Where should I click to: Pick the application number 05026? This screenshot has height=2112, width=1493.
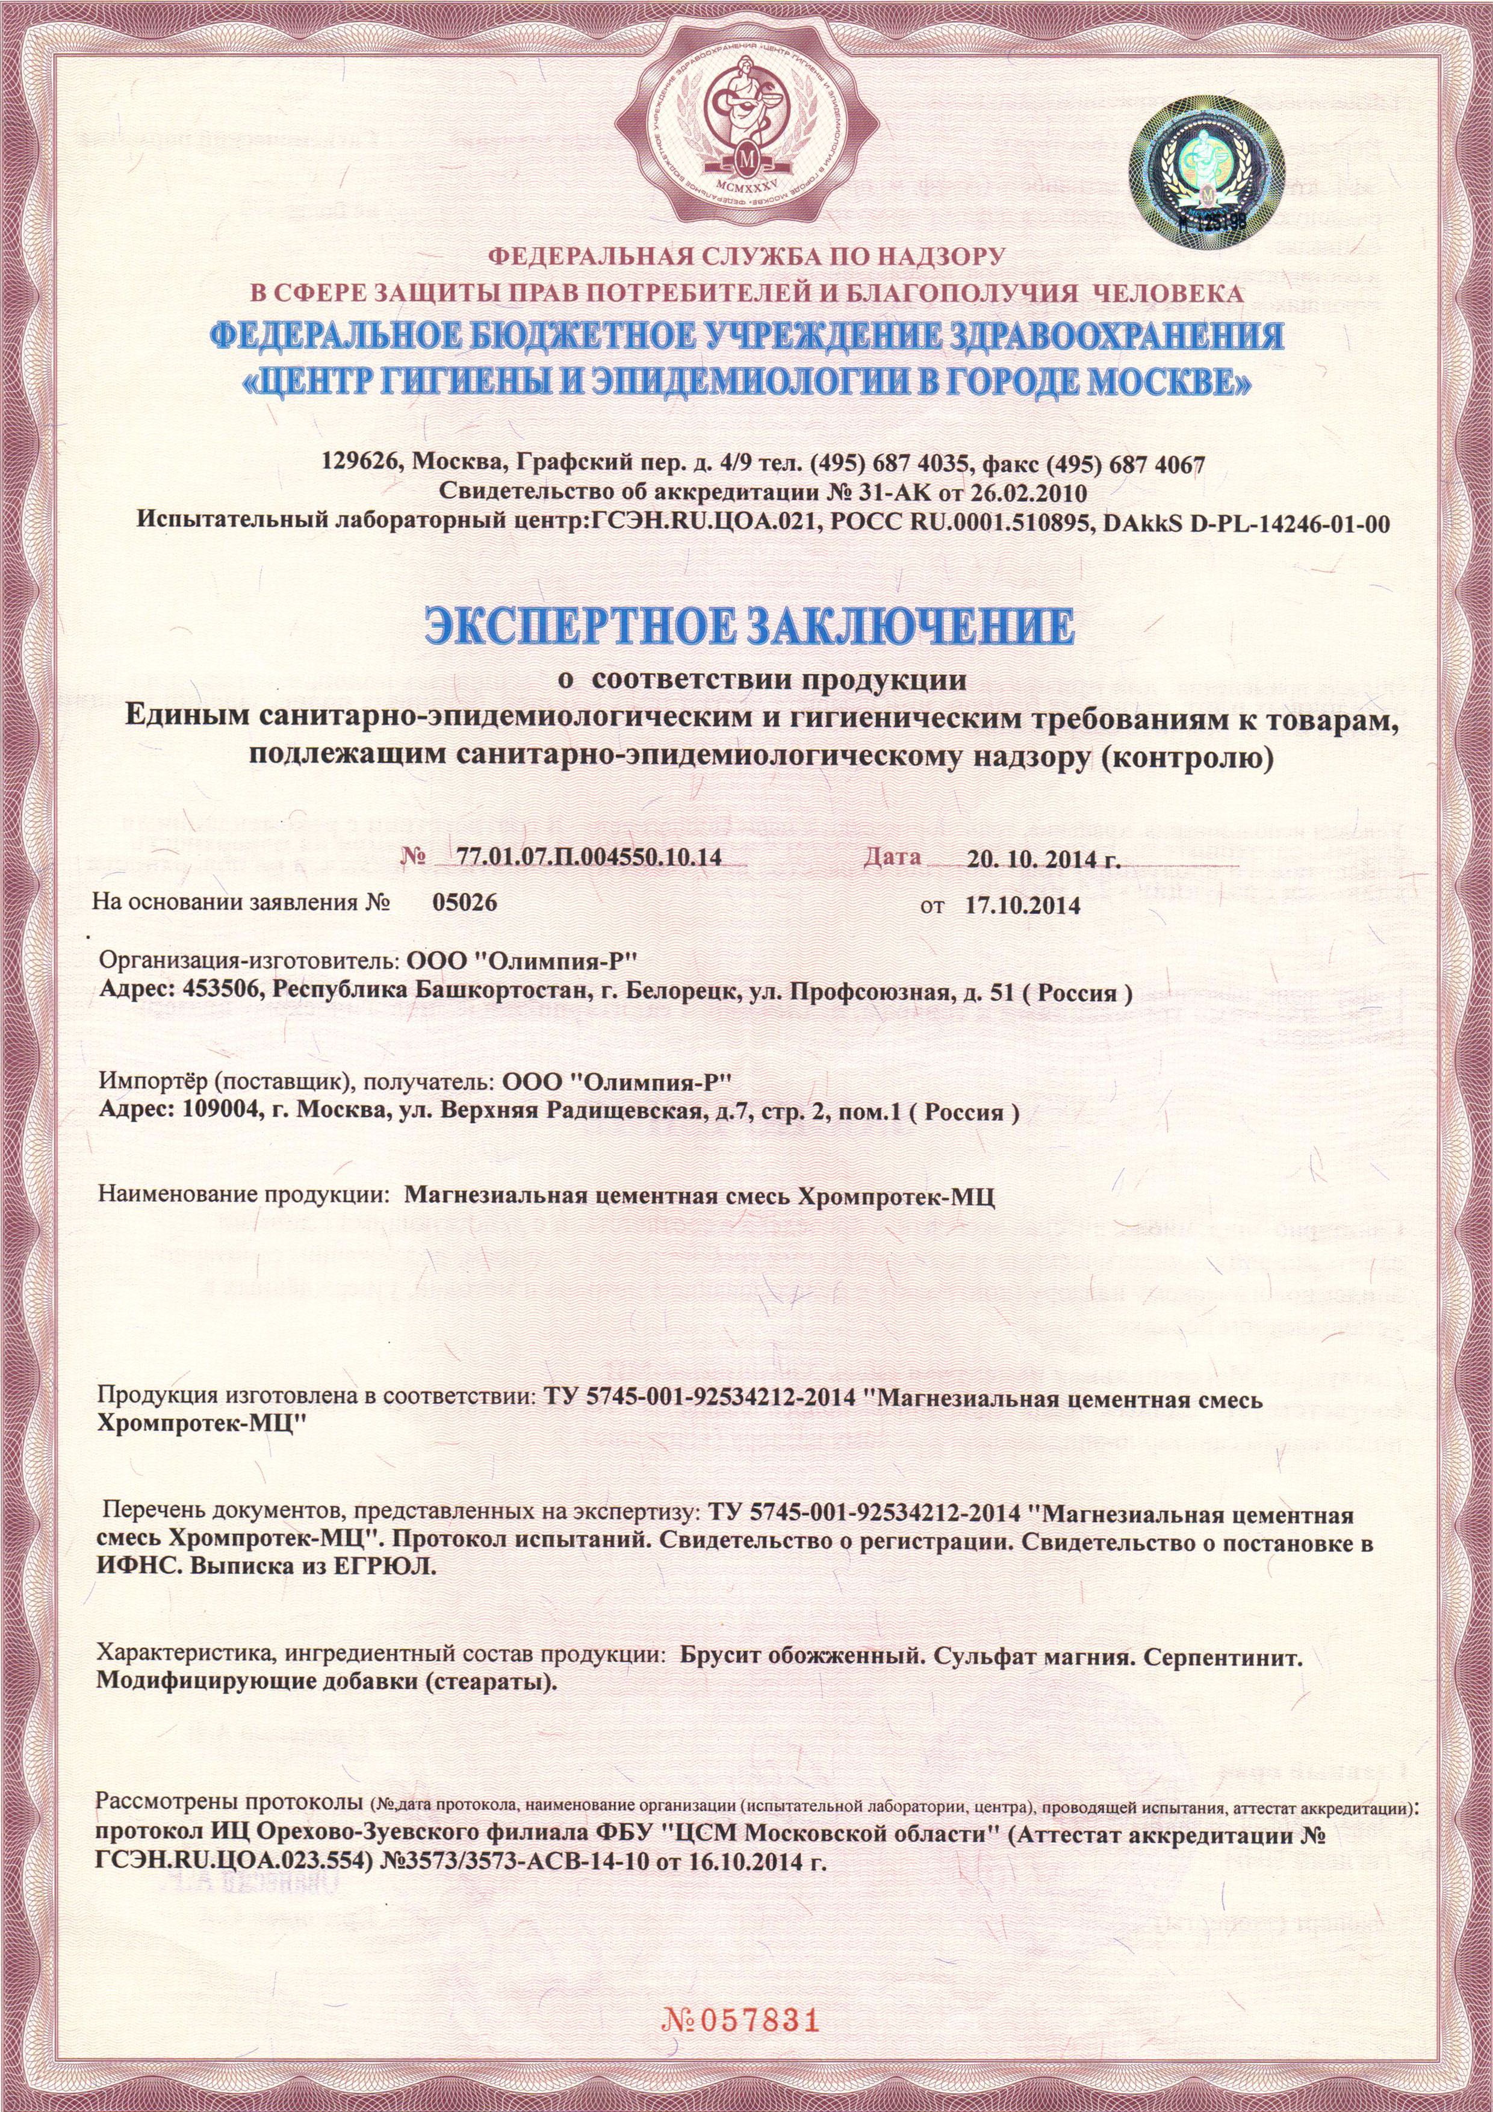pos(465,902)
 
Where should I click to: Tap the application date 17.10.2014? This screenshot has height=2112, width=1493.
pos(1022,905)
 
